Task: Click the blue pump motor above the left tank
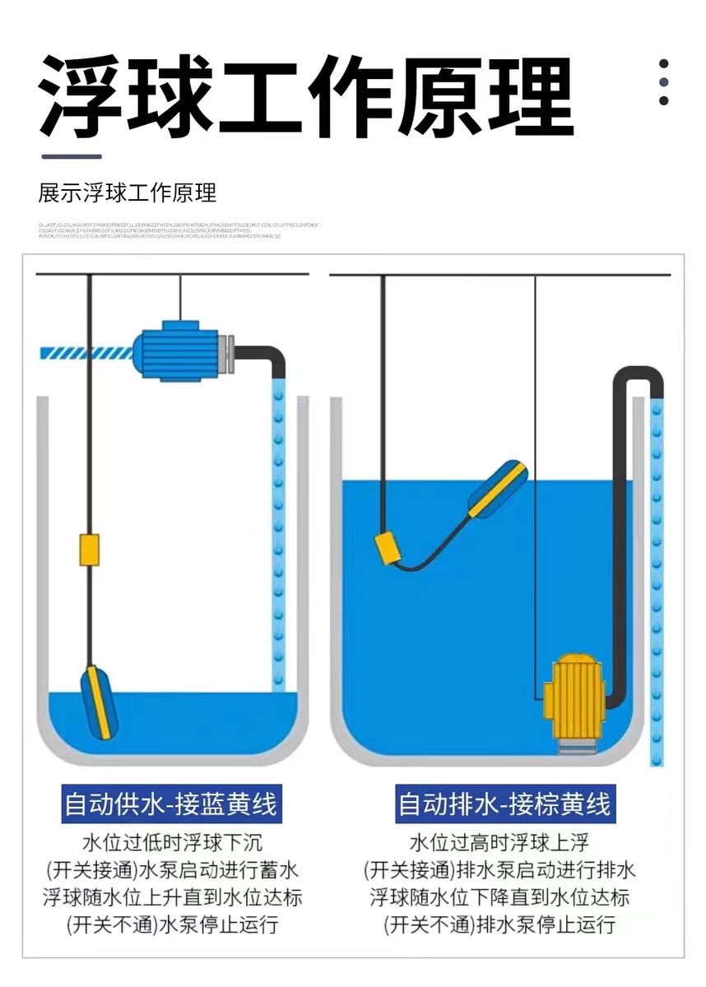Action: (x=180, y=352)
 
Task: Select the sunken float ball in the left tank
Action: (x=99, y=702)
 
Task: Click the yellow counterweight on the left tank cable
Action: (x=89, y=549)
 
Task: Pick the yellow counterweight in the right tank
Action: (x=388, y=548)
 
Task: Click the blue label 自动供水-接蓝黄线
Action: (x=171, y=804)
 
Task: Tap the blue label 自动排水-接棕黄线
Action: (x=504, y=804)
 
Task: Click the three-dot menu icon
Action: (x=664, y=82)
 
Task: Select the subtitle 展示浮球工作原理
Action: (x=128, y=193)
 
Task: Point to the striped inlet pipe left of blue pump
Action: (x=86, y=353)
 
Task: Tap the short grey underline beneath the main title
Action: (x=71, y=156)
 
